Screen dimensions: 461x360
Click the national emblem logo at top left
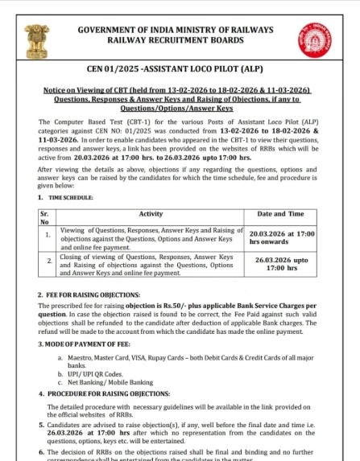click(35, 39)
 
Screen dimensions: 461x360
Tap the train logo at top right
click(325, 39)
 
